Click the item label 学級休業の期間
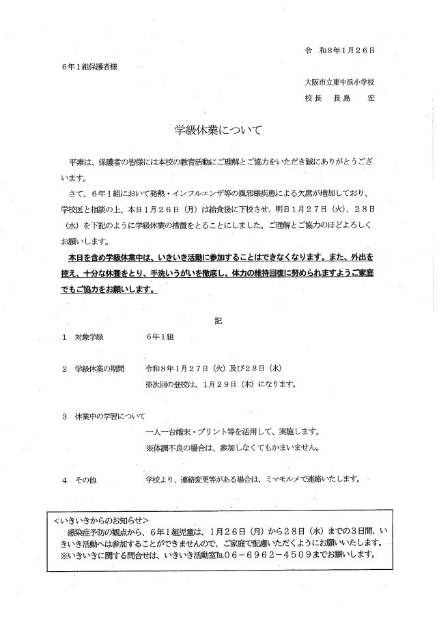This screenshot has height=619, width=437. [x=100, y=369]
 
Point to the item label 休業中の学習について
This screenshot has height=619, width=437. [x=110, y=416]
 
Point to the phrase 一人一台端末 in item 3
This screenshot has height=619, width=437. [x=170, y=432]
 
